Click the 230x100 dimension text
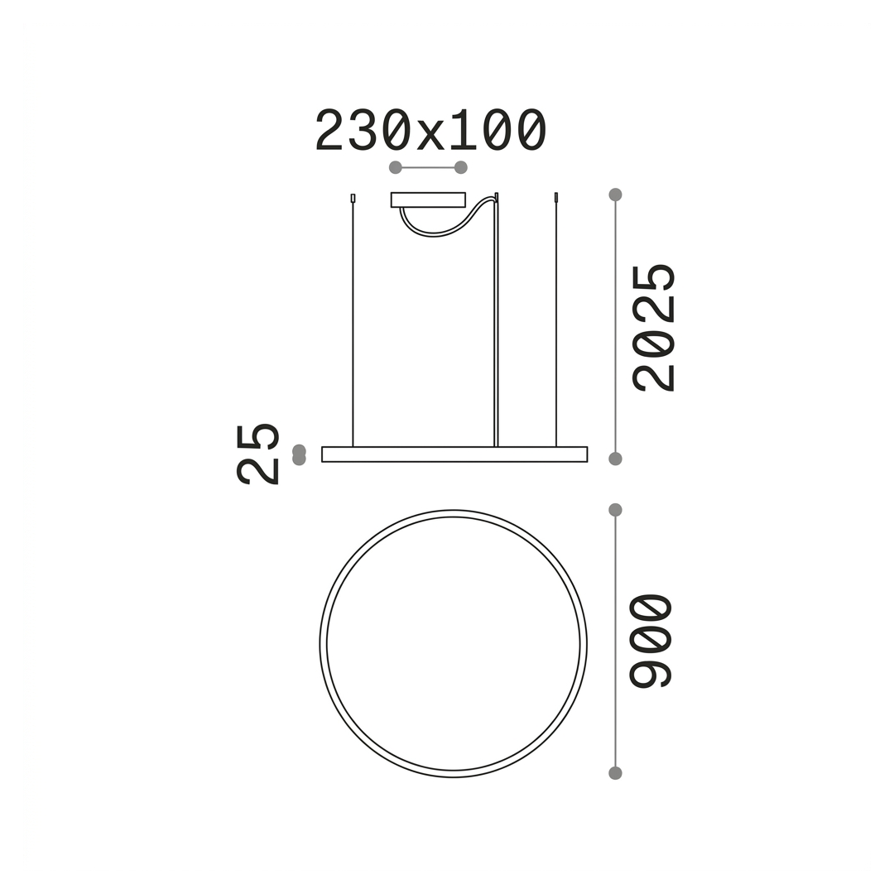pos(430,131)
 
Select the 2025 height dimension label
pos(653,328)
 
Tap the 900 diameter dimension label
pos(651,641)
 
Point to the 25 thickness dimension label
pos(257,454)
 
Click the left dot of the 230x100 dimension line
pos(395,167)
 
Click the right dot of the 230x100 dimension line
pos(461,167)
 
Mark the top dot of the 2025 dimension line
pos(615,195)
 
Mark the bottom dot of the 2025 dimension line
pos(615,459)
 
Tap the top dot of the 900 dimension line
pos(615,510)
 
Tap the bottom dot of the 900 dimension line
pos(615,773)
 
